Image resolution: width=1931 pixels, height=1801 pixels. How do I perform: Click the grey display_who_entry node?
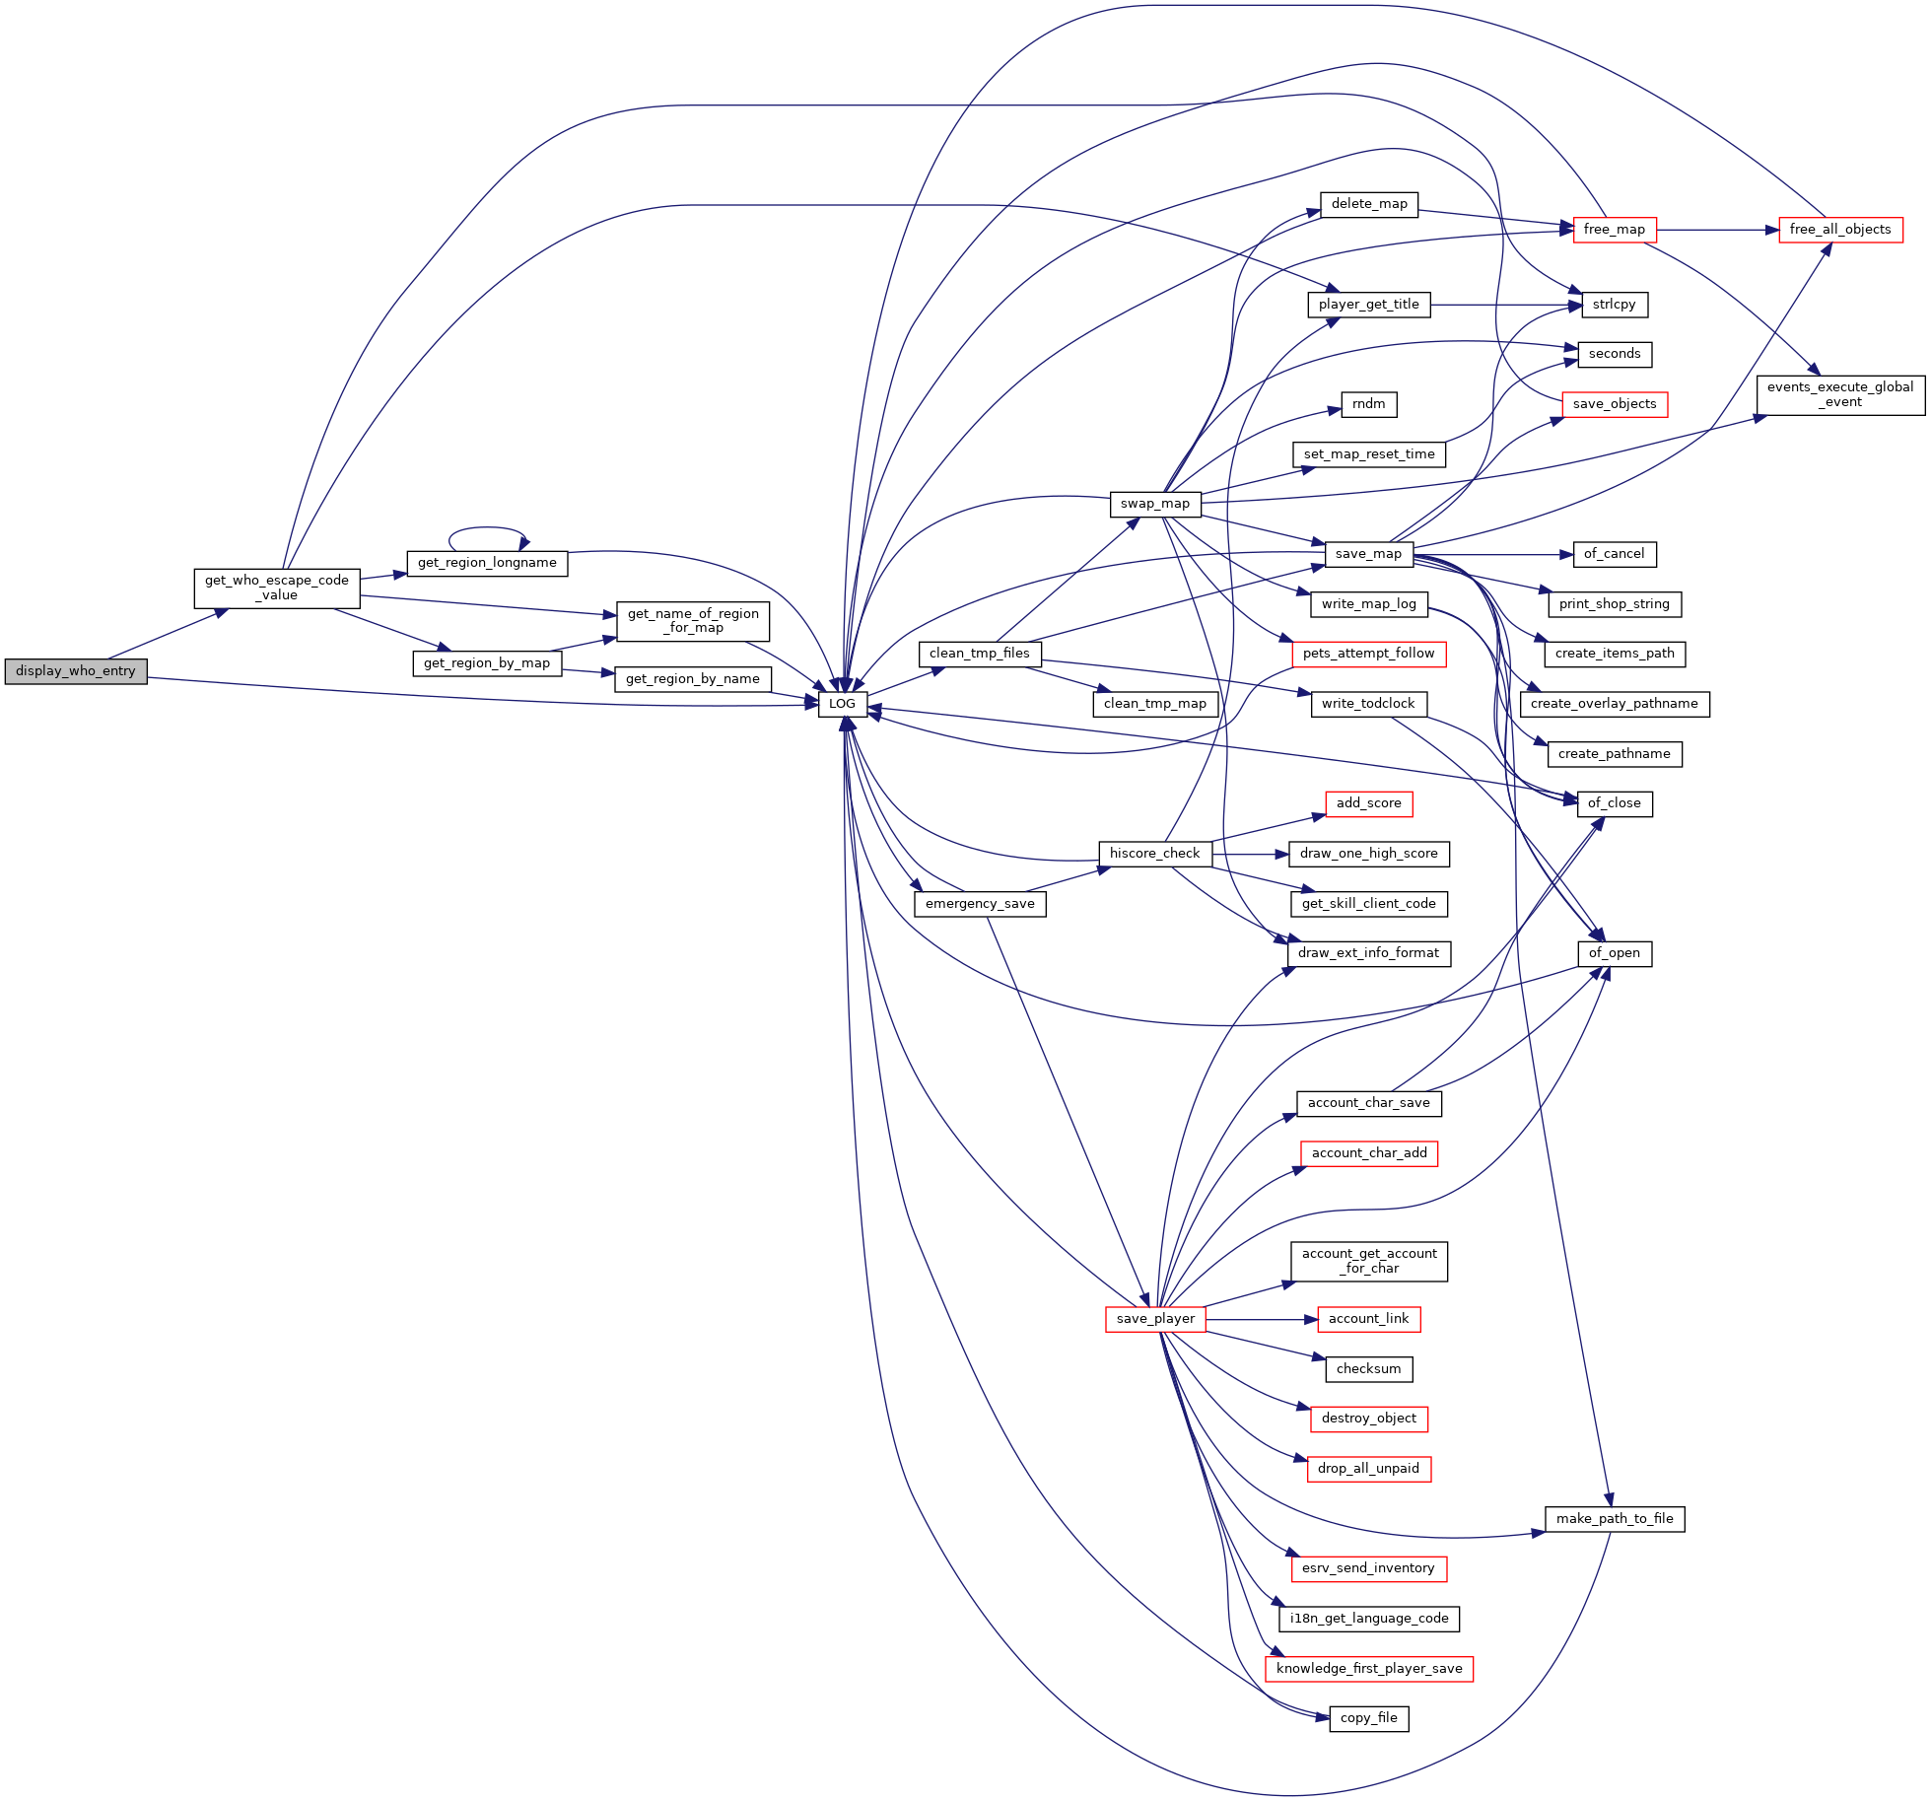[76, 671]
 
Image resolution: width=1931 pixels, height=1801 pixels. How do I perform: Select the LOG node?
[842, 704]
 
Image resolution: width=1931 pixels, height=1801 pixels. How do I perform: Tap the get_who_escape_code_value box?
[277, 588]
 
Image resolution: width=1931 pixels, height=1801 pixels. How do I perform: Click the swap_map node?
[1155, 504]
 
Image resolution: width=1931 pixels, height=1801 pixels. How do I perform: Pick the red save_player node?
[1155, 1319]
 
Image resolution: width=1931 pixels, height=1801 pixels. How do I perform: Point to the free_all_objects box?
[1840, 230]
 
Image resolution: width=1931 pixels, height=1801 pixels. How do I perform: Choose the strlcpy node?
[1615, 305]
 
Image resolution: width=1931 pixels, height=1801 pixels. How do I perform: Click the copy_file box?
[1369, 1718]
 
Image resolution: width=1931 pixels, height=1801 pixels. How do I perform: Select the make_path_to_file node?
[1615, 1519]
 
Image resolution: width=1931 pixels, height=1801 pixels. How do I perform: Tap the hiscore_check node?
[1155, 854]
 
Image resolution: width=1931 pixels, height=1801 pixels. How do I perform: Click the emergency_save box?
[980, 904]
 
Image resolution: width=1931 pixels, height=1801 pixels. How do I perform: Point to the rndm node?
[1369, 404]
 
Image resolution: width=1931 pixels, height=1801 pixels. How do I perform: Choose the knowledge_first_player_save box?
[1369, 1669]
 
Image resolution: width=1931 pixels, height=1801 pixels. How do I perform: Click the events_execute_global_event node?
[1840, 394]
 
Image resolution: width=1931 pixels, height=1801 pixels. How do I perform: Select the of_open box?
[1615, 953]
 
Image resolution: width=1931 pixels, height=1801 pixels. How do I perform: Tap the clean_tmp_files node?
[980, 654]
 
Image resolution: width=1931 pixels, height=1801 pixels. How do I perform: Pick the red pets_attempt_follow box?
[1369, 654]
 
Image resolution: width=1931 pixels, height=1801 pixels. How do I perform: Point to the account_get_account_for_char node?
[1369, 1262]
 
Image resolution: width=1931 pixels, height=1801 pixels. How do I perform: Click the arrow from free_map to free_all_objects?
[1718, 230]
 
